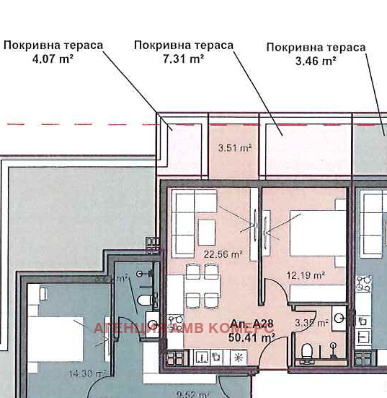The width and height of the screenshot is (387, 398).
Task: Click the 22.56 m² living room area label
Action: click(223, 254)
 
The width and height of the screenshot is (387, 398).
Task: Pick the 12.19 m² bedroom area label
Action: click(307, 274)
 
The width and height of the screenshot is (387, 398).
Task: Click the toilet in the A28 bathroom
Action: click(307, 352)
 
